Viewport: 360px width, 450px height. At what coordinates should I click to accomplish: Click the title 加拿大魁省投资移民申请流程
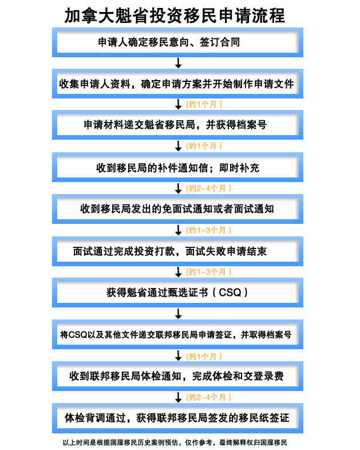coord(175,15)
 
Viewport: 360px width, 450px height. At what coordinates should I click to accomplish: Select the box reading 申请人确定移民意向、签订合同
coord(177,42)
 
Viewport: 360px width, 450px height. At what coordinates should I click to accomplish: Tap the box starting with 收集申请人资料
coord(177,84)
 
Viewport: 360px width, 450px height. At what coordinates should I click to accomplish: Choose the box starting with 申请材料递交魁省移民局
coord(177,125)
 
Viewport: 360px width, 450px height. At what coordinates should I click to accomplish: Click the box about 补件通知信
coord(177,167)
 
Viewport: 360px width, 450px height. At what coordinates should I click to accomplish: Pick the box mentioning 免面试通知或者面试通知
coord(177,209)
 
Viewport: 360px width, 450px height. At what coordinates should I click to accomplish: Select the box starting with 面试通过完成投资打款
coord(177,251)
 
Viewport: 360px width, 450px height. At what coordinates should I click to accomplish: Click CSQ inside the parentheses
coord(230,293)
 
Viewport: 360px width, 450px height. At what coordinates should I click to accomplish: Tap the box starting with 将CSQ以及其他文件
coord(177,334)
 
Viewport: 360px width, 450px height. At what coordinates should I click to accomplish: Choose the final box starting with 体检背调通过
coord(177,418)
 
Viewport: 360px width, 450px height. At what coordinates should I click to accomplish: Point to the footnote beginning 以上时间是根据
coord(175,442)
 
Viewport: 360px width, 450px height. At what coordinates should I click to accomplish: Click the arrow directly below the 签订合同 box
coord(179,63)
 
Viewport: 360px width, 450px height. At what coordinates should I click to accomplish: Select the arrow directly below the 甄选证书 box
coord(179,314)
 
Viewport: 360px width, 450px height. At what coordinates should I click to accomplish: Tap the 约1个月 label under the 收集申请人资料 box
coord(204,104)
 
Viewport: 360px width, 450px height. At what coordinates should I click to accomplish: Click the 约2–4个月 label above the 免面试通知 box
coord(208,188)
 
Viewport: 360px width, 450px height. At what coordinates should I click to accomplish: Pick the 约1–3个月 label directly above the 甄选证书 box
coord(208,272)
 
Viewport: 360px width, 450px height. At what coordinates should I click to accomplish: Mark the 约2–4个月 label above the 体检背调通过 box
coord(208,397)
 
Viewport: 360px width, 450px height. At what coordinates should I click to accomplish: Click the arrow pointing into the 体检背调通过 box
coord(179,397)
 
